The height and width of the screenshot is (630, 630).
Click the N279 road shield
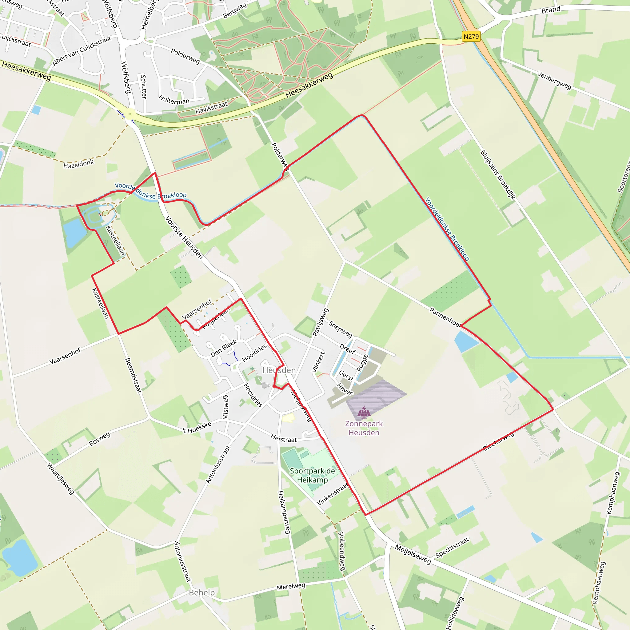tap(471, 37)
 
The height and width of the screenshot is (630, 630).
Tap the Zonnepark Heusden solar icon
tap(364, 412)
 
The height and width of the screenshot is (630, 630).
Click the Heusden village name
tap(279, 370)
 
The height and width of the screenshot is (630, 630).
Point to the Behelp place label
tap(202, 592)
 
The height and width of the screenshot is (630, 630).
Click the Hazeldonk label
tap(78, 164)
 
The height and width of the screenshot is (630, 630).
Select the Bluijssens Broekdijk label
tap(498, 175)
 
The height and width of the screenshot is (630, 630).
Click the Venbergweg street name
tap(554, 80)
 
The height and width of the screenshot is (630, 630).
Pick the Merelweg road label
tap(291, 586)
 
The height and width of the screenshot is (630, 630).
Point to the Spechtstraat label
tap(452, 547)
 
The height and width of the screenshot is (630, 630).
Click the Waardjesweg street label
tap(61, 478)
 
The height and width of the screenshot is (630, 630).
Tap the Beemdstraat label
tap(134, 375)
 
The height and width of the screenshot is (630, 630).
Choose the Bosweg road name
tap(100, 439)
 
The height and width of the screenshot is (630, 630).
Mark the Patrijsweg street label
tap(321, 322)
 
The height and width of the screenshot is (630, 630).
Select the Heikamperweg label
tap(284, 512)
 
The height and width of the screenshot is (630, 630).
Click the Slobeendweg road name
tap(341, 551)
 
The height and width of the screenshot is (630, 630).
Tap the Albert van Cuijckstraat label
tap(82, 51)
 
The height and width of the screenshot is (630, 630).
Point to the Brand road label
tap(551, 10)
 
